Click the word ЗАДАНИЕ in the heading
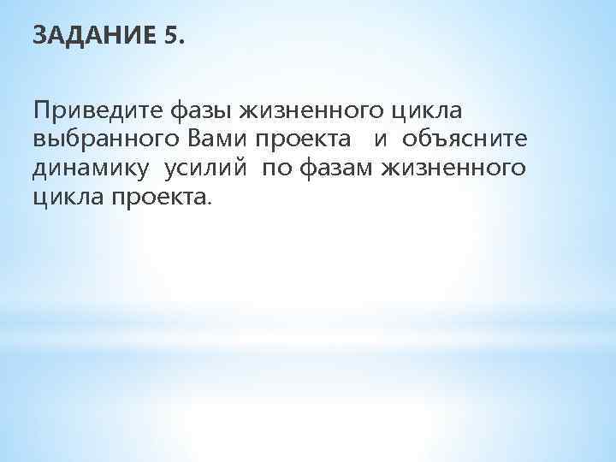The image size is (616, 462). (91, 37)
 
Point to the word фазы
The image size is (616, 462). (203, 111)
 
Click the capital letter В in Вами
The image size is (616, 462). (187, 140)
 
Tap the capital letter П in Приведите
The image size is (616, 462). (41, 111)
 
